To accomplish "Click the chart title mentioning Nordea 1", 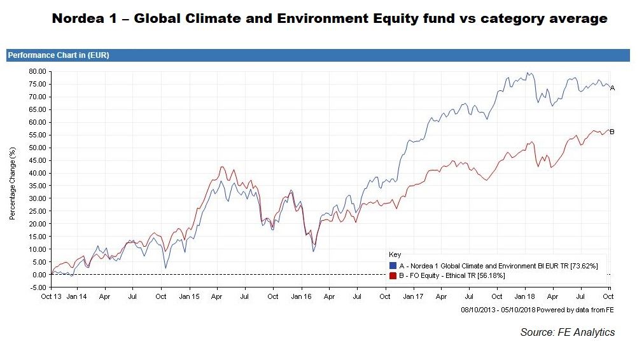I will pyautogui.click(x=329, y=18).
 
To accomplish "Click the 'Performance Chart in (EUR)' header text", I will pyautogui.click(x=59, y=55).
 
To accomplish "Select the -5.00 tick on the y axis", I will pyautogui.click(x=38, y=287).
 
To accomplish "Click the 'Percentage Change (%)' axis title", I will pyautogui.click(x=12, y=183).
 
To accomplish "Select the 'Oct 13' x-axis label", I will pyautogui.click(x=50, y=296).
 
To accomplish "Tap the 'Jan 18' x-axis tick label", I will pyautogui.click(x=524, y=296).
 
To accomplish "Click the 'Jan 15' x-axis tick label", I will pyautogui.click(x=189, y=296).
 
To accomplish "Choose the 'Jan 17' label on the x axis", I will pyautogui.click(x=413, y=296).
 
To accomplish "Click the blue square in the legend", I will pyautogui.click(x=393, y=265).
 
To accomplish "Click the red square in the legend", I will pyautogui.click(x=393, y=275).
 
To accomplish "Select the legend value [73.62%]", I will pyautogui.click(x=583, y=265).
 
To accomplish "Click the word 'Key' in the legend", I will pyautogui.click(x=395, y=254).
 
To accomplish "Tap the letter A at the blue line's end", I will pyautogui.click(x=612, y=88).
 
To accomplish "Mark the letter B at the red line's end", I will pyautogui.click(x=612, y=132).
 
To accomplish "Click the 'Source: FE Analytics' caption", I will pyautogui.click(x=568, y=332).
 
